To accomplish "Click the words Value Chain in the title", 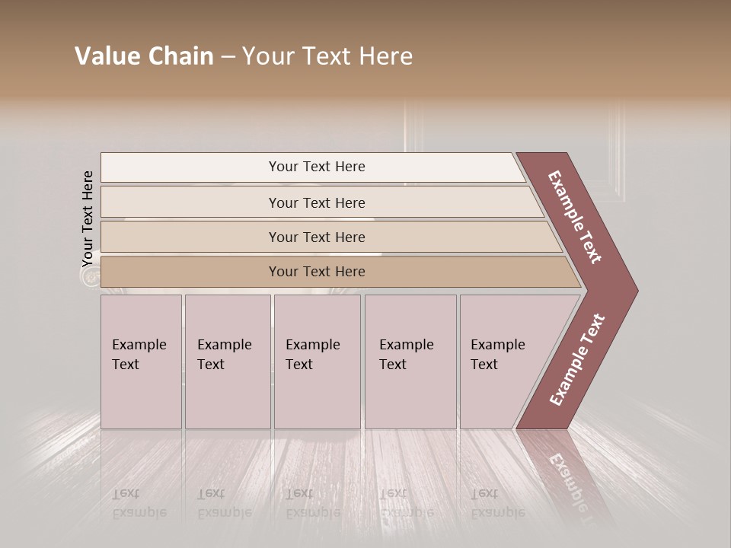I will (144, 56).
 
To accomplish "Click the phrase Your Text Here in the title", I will (327, 56).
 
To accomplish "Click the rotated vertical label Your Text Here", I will (88, 219).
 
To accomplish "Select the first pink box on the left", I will (141, 362).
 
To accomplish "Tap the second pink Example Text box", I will (228, 362).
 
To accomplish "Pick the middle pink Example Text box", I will (317, 362).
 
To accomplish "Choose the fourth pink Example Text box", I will (410, 362).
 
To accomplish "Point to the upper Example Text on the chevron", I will (575, 217).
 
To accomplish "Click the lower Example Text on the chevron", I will (577, 359).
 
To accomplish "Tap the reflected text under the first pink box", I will (139, 502).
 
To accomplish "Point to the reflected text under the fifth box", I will (497, 502).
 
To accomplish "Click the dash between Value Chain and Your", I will (228, 57).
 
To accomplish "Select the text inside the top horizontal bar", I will (317, 167).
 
